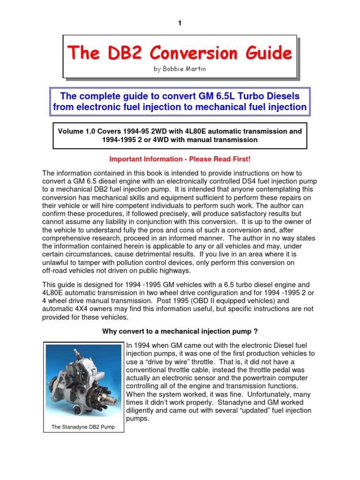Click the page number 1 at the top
[x=180, y=24]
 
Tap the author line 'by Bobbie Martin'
[x=180, y=69]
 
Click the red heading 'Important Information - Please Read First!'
[x=180, y=159]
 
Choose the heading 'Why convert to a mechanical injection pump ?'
[x=180, y=331]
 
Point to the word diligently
[x=144, y=411]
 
